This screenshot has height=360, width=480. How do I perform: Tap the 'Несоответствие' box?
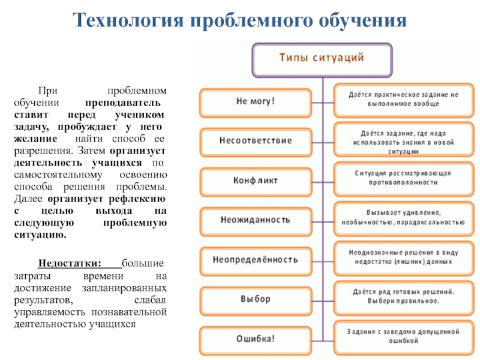pos(256,140)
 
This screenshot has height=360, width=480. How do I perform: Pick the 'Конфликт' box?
pos(256,181)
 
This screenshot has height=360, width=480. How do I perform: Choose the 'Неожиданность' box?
pos(256,220)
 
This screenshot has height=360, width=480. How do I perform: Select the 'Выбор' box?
pos(256,298)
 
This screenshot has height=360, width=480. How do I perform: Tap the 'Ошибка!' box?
pos(256,338)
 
